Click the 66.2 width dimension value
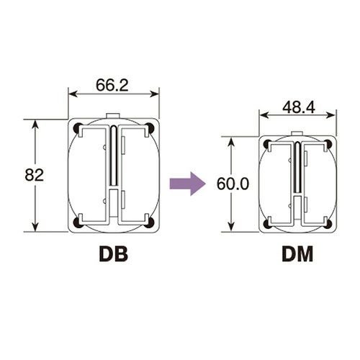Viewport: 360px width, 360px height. (112, 85)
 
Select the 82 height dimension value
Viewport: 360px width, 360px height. (35, 175)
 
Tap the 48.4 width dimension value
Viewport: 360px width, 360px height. (299, 107)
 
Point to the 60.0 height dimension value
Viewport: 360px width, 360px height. (233, 184)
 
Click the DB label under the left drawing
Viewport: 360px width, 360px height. (114, 254)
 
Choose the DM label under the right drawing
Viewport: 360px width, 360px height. (297, 254)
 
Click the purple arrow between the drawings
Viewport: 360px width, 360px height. (187, 184)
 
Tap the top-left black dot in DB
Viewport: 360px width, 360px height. (78, 128)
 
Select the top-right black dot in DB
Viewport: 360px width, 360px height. (150, 128)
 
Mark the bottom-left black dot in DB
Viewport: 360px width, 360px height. (78, 222)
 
